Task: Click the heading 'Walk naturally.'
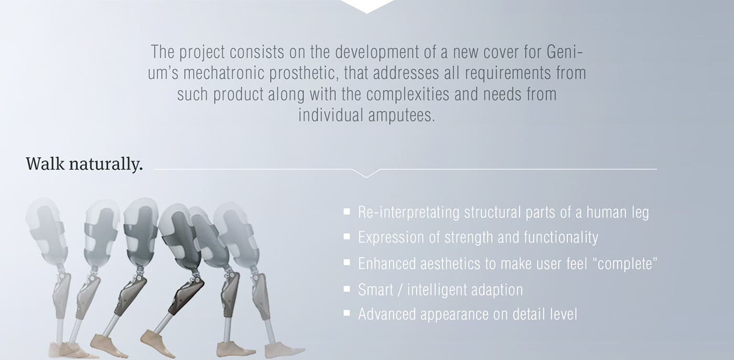84,165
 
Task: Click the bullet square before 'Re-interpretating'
347,212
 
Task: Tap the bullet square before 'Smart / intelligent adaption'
347,289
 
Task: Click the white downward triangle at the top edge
366,6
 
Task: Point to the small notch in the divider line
366,173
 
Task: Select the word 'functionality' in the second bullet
561,238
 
